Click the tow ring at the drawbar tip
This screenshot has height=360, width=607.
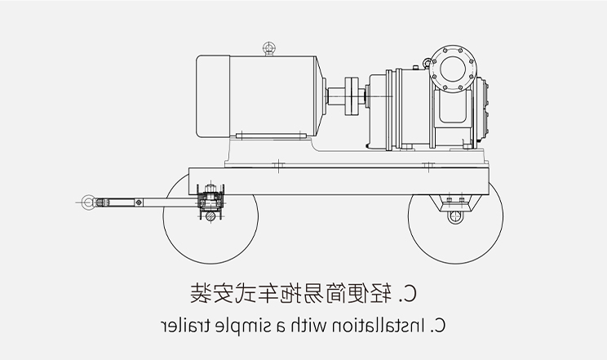(x=86, y=200)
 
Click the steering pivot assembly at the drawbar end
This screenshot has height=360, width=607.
(x=210, y=201)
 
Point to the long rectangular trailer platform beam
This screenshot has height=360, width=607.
(x=339, y=178)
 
